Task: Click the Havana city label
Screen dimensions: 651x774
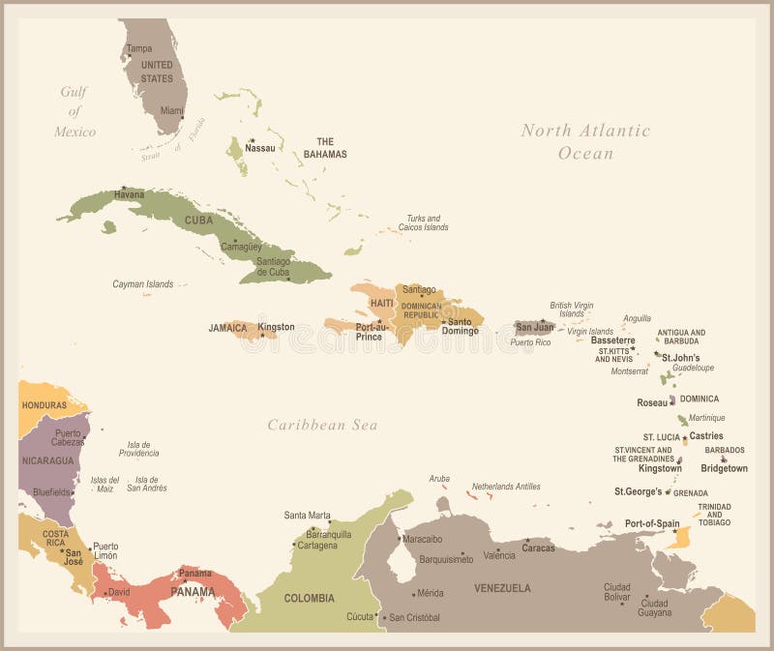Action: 129,195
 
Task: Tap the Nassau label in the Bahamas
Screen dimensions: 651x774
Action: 259,148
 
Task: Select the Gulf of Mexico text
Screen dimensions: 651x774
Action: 74,111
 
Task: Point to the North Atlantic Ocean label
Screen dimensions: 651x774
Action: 585,141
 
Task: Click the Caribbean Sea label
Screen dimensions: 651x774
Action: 322,425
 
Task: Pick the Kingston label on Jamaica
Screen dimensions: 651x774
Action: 276,327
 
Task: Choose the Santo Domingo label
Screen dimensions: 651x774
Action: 461,326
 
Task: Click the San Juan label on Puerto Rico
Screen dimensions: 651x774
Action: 534,327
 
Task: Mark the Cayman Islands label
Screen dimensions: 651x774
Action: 142,284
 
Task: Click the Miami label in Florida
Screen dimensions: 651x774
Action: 171,110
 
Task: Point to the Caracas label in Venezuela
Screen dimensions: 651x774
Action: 538,547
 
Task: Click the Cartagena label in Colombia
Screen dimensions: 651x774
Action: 317,546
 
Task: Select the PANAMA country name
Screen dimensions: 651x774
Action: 193,591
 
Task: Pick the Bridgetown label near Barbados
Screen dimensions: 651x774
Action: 724,468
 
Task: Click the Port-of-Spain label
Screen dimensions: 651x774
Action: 652,523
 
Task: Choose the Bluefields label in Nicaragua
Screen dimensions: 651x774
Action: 51,491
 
